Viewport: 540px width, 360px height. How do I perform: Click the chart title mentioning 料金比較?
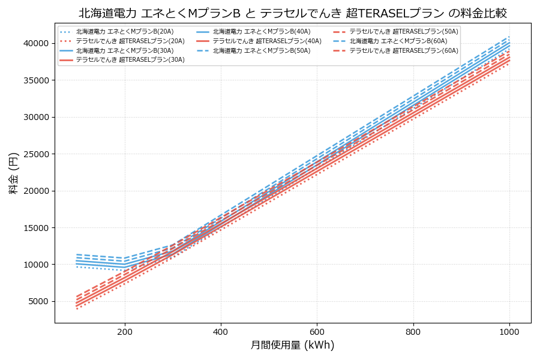293,13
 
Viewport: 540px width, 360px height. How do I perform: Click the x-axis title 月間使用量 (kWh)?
292,345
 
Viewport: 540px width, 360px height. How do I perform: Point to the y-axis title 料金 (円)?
13,173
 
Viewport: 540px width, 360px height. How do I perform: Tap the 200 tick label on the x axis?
125,331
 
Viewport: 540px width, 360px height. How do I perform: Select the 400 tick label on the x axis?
221,331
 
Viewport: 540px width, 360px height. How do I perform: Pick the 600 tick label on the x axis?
317,331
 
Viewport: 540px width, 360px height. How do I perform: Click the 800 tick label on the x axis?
413,331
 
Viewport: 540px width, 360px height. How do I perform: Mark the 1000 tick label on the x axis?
509,331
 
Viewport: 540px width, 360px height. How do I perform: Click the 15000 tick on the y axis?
35,228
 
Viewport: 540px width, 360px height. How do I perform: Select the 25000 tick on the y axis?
35,154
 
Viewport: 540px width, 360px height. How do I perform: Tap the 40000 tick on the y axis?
35,43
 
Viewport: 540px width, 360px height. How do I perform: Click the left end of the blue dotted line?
77,266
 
